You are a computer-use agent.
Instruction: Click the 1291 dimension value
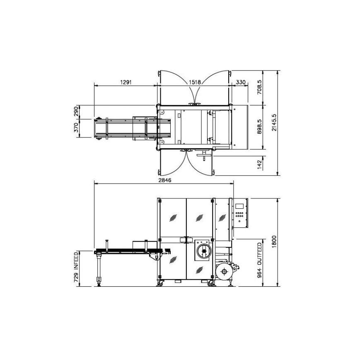click(x=126, y=82)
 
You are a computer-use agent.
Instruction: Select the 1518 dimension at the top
click(x=195, y=82)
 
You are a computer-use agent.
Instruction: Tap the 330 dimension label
click(x=240, y=82)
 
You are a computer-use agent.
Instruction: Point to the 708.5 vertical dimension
click(x=260, y=88)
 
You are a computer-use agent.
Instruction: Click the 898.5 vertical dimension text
click(x=260, y=127)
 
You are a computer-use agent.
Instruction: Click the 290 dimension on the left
click(x=76, y=112)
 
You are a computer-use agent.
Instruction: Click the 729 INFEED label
click(x=76, y=267)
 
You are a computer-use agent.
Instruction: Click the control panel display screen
click(x=239, y=206)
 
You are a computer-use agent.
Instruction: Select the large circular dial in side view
click(x=203, y=251)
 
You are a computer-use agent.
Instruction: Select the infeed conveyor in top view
click(x=124, y=128)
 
